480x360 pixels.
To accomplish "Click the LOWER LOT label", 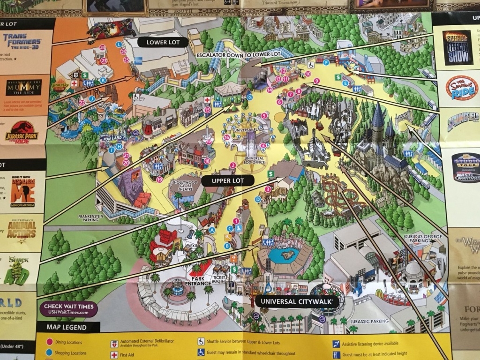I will [160, 42].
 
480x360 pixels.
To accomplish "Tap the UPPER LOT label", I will [226, 180].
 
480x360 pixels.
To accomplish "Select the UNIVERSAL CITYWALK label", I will [297, 301].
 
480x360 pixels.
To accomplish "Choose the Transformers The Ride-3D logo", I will [22, 41].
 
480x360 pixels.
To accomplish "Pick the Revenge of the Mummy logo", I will [23, 88].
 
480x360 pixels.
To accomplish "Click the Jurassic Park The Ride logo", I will [22, 132].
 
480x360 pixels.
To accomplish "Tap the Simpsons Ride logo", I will [461, 88].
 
